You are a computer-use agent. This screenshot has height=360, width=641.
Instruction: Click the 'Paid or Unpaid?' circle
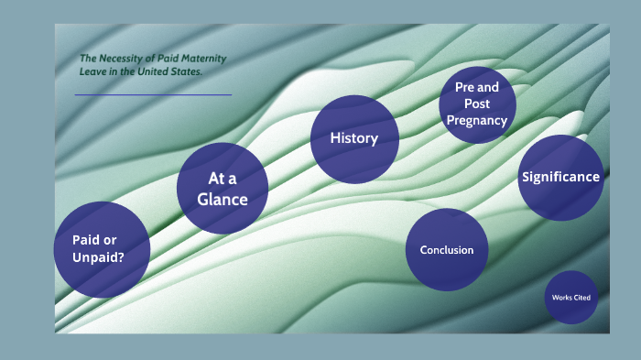tap(102, 249)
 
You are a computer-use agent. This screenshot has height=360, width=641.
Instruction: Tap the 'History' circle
tap(354, 138)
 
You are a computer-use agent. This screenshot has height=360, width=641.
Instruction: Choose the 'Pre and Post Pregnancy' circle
tap(477, 104)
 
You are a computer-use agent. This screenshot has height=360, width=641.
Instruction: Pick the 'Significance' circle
tap(560, 178)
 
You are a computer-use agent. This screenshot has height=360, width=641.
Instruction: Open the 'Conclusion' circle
tap(447, 249)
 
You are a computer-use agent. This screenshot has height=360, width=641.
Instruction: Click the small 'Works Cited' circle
tap(571, 298)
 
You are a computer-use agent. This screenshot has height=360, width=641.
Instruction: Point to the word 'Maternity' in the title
tap(205, 59)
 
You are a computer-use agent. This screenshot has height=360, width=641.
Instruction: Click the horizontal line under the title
tap(153, 94)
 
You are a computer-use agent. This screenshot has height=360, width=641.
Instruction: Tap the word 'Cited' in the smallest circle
tap(582, 298)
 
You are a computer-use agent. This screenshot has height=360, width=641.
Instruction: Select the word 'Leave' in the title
tap(92, 71)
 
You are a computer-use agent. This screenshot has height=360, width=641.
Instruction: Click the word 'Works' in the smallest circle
tap(562, 298)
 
